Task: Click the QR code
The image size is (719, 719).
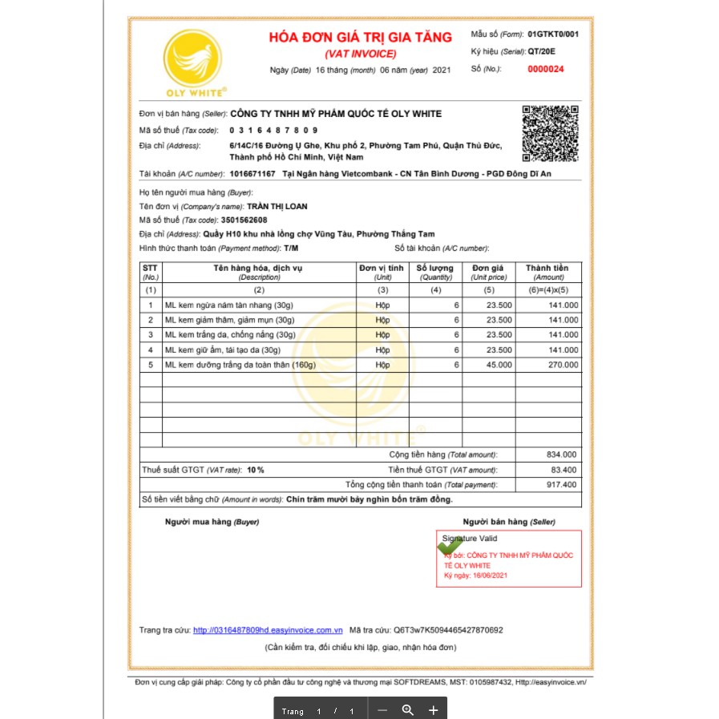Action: (550, 133)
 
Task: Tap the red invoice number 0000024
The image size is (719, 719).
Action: (545, 70)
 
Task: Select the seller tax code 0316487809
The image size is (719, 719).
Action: (273, 130)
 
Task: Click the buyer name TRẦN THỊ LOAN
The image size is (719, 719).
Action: (277, 206)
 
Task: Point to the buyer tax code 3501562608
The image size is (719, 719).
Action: (244, 220)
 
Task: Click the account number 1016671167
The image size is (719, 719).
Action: (252, 173)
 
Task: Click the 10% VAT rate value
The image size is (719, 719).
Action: (256, 470)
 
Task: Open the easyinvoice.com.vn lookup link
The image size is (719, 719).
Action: (268, 630)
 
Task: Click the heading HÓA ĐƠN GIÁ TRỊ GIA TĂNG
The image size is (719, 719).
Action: (360, 37)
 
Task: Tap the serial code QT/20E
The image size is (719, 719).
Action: (542, 51)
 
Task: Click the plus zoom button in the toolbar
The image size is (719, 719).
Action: (433, 710)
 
